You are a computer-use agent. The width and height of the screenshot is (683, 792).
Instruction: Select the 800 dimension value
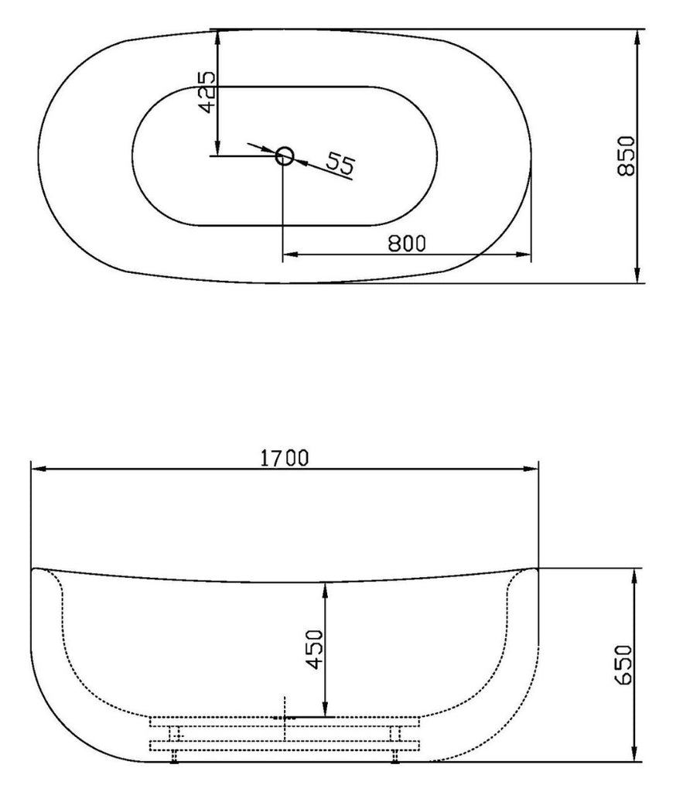coord(407,244)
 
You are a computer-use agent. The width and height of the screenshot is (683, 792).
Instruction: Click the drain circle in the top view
coord(284,156)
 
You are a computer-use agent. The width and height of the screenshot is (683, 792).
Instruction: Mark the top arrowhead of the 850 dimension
coord(637,37)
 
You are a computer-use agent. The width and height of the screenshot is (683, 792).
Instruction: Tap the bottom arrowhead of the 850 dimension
coord(637,275)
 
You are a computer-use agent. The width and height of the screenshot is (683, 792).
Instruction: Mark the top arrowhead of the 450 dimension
coord(326,589)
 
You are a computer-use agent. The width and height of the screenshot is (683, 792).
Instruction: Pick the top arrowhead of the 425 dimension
coord(219,37)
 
